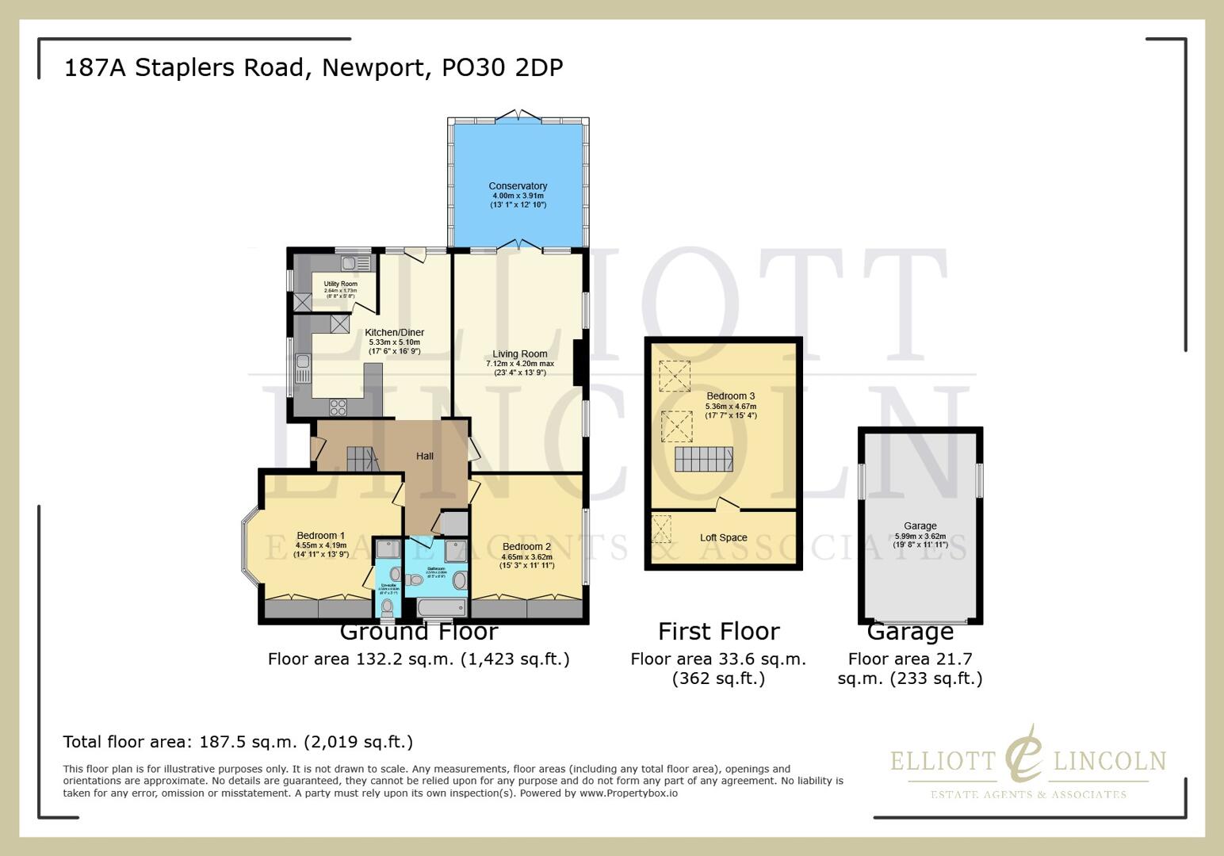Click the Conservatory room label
[x=518, y=186]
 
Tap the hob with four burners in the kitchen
[x=339, y=407]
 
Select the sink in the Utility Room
[x=350, y=262]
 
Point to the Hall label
[x=425, y=457]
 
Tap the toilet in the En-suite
[x=387, y=607]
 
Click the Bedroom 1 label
[x=320, y=536]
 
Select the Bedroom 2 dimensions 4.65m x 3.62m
[x=526, y=556]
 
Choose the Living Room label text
[x=520, y=354]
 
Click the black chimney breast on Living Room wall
[x=579, y=362]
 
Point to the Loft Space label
[x=723, y=537]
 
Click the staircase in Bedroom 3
[x=703, y=459]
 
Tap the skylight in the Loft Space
[x=661, y=529]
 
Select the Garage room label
[x=920, y=525]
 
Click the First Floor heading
[x=718, y=632]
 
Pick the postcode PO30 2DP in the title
[x=502, y=67]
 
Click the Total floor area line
[x=238, y=742]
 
